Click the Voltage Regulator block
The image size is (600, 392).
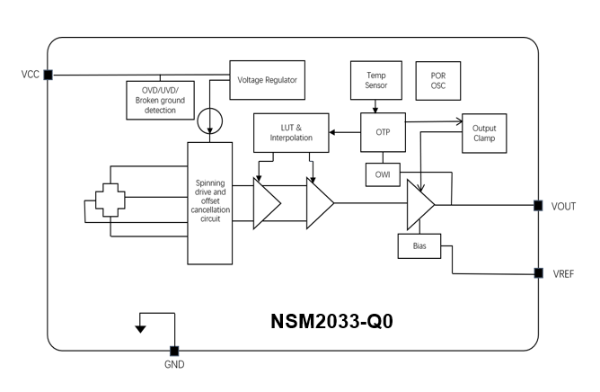click(x=267, y=79)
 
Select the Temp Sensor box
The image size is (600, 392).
click(x=376, y=80)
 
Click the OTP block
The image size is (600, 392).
click(x=382, y=132)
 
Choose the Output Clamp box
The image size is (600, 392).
click(x=483, y=134)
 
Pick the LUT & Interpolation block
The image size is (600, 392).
click(x=290, y=132)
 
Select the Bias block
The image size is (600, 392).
click(x=419, y=245)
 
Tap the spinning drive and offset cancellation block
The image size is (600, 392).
click(x=209, y=203)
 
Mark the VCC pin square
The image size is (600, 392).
click(x=48, y=75)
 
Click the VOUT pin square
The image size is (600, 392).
click(x=537, y=205)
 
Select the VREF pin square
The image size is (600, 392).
click(x=537, y=272)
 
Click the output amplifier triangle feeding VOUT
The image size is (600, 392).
click(x=419, y=204)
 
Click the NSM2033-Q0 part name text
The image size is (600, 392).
click(x=331, y=321)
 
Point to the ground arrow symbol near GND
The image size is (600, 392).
click(x=139, y=328)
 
